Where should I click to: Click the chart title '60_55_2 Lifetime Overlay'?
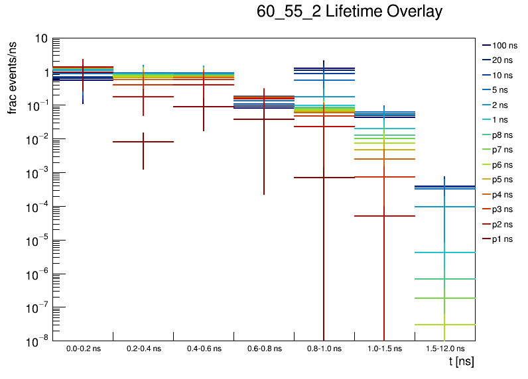(x=349, y=12)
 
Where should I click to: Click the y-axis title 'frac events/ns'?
(x=12, y=76)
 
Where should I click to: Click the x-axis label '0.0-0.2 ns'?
(x=83, y=349)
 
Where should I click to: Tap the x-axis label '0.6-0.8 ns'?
(x=263, y=349)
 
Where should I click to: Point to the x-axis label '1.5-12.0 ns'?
(x=444, y=349)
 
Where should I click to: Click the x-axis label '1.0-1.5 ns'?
(x=384, y=349)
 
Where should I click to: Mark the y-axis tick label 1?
(x=43, y=72)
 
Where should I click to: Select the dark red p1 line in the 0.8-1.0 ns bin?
(x=312, y=178)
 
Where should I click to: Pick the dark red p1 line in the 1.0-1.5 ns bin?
(x=371, y=216)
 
